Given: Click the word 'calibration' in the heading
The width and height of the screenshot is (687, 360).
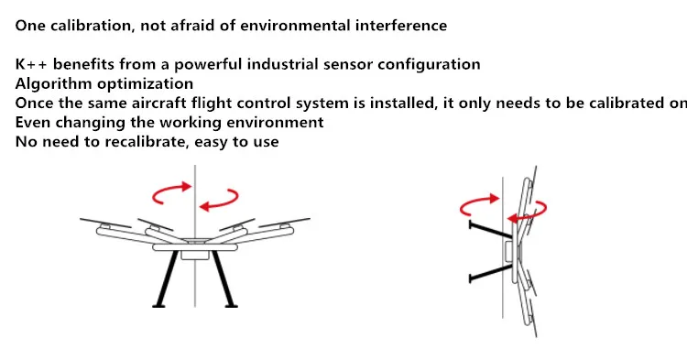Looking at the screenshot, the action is (91, 26).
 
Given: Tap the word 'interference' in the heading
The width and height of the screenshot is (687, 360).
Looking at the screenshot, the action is (401, 26).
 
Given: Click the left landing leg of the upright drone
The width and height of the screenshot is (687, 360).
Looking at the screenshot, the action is (166, 278).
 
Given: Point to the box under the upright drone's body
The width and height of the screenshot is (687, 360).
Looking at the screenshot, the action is (194, 255).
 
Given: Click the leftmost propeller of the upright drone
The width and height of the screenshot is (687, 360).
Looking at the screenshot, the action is (105, 223).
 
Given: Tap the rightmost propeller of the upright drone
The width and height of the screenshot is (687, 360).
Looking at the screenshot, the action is (284, 223).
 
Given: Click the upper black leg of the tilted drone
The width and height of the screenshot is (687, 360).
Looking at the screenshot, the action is (491, 230).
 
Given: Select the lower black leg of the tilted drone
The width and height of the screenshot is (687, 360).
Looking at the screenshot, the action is (491, 272).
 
